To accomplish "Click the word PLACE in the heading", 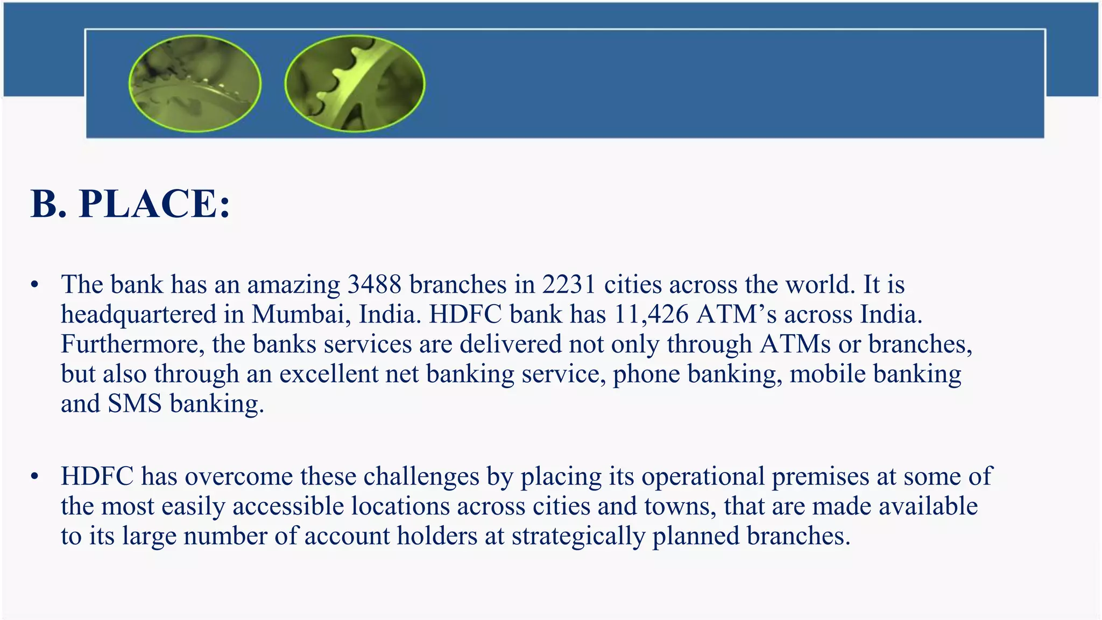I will coord(154,204).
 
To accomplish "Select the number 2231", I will coord(569,284).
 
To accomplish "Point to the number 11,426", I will coord(651,314).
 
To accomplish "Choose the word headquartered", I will coord(138,314).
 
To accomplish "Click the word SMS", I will coord(135,404).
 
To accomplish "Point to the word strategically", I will coord(578,536).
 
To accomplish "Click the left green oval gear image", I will coord(195,83).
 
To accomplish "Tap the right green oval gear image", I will coord(355,83).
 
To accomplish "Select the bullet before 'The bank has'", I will coord(35,285).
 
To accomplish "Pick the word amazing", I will coord(293,285).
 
